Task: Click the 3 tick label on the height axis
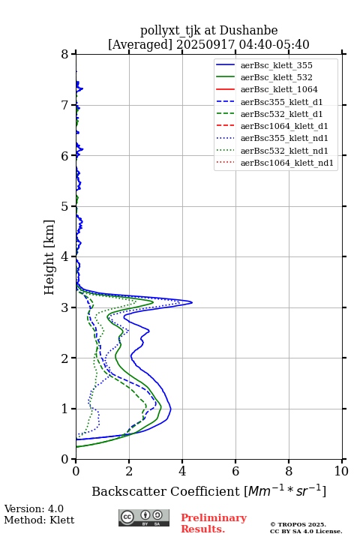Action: point(65,307)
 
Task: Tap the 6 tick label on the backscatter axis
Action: point(235,471)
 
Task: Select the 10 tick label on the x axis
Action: point(341,471)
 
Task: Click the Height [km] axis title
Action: point(49,257)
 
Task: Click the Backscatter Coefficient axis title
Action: point(208,491)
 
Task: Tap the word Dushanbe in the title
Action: point(248,31)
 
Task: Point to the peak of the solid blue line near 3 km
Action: point(192,303)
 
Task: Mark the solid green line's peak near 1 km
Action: point(161,407)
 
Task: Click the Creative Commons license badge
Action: point(144,518)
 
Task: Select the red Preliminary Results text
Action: point(214,523)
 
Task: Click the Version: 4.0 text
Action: point(34,508)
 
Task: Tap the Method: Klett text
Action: point(39,520)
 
